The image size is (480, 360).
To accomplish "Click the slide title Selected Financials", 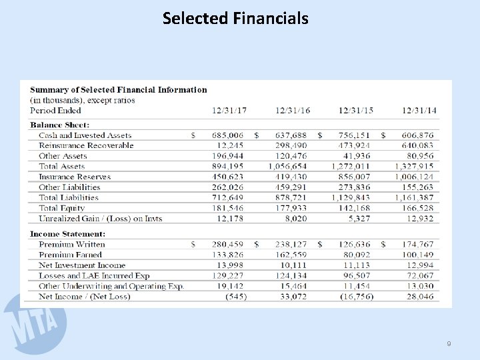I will click(235, 18).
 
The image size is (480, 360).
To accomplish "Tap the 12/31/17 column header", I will click(229, 111).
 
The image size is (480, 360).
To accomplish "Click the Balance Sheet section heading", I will click(59, 125).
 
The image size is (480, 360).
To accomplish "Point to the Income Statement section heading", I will click(67, 234).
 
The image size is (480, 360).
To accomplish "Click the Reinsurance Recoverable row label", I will click(86, 145).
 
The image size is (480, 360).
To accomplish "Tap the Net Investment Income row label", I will click(83, 265).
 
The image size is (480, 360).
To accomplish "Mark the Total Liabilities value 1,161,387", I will click(414, 197).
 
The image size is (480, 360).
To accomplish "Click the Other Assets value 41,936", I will click(357, 156).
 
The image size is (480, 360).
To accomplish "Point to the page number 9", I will click(449, 343).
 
